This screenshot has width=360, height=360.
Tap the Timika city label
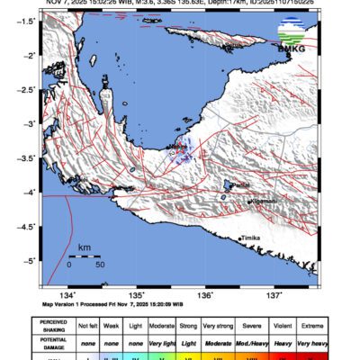pyautogui.click(x=252, y=238)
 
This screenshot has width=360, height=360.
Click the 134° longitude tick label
pyautogui.click(x=67, y=295)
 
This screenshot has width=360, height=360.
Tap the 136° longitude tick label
pyautogui.click(x=204, y=295)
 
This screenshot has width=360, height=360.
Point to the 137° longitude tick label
pyautogui.click(x=274, y=295)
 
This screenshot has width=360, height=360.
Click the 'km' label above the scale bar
pyautogui.click(x=84, y=246)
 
